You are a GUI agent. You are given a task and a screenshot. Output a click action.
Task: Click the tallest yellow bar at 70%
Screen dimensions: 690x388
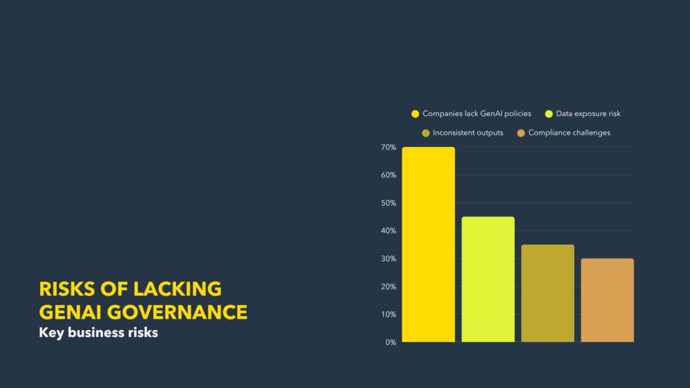pyautogui.click(x=428, y=244)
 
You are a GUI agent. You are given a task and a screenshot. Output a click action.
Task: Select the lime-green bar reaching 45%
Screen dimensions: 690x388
pyautogui.click(x=488, y=279)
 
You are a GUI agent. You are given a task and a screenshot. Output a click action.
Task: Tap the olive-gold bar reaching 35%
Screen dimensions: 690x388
pyautogui.click(x=547, y=293)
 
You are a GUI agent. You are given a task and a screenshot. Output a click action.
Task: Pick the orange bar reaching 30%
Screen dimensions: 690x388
pyautogui.click(x=607, y=300)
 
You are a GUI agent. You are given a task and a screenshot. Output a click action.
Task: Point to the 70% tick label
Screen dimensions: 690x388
pyautogui.click(x=389, y=148)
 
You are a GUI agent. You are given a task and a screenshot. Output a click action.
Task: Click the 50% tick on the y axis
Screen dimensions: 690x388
pyautogui.click(x=389, y=203)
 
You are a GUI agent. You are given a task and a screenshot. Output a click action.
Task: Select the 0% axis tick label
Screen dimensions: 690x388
pyautogui.click(x=391, y=342)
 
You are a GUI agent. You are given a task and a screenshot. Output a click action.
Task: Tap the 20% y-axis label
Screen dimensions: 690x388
pyautogui.click(x=389, y=286)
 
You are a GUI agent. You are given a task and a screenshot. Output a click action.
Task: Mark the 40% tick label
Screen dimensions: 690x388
pyautogui.click(x=389, y=230)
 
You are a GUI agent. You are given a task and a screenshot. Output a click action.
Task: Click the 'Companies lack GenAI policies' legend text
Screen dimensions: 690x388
pyautogui.click(x=476, y=113)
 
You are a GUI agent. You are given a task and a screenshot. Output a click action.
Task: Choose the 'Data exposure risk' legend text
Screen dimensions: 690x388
pyautogui.click(x=588, y=113)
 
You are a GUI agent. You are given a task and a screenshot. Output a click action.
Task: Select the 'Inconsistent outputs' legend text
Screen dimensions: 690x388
pyautogui.click(x=468, y=133)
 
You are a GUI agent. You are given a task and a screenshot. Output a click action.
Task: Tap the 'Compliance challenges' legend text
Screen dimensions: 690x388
pyautogui.click(x=569, y=133)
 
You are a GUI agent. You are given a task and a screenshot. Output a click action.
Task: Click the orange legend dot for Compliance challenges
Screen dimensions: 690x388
pyautogui.click(x=521, y=133)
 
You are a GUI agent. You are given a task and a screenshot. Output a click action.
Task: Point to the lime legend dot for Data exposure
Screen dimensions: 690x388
pyautogui.click(x=548, y=114)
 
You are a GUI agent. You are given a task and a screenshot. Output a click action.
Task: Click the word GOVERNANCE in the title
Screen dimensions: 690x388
pyautogui.click(x=177, y=313)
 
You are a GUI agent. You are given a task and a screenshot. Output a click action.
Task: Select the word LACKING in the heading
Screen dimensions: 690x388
pyautogui.click(x=177, y=289)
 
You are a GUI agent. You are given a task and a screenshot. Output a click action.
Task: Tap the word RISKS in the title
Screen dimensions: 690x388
pyautogui.click(x=67, y=289)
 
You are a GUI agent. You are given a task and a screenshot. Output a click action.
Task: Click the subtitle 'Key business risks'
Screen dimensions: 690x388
pyautogui.click(x=98, y=333)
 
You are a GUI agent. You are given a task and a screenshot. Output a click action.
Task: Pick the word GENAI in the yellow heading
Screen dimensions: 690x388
pyautogui.click(x=70, y=313)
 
